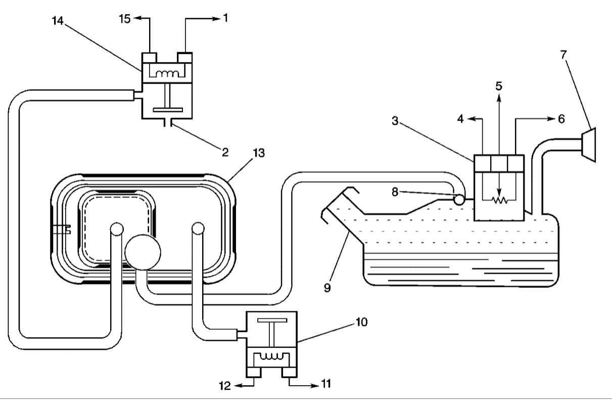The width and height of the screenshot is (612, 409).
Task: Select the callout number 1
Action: [x=225, y=19]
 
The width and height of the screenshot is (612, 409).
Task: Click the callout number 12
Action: [x=225, y=386]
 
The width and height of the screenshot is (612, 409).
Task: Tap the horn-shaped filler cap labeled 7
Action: [x=589, y=145]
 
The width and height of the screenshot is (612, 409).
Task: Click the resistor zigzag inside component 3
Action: [x=499, y=200]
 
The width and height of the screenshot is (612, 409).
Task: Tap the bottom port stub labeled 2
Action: [x=170, y=123]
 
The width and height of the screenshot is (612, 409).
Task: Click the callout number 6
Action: [x=561, y=119]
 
